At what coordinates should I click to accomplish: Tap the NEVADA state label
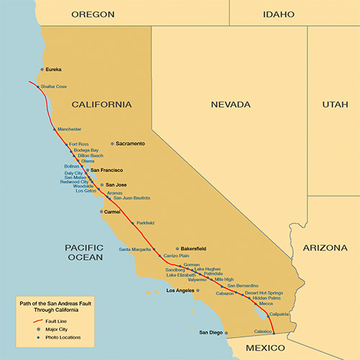pyautogui.click(x=230, y=104)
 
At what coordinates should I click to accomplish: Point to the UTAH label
pyautogui.click(x=334, y=104)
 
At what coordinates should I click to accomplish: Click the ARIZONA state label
pyautogui.click(x=324, y=247)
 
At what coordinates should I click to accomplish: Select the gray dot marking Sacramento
pyautogui.click(x=112, y=143)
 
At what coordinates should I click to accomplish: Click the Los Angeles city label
pyautogui.click(x=180, y=291)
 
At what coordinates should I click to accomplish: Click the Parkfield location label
pyautogui.click(x=145, y=223)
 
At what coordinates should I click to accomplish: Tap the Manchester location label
pyautogui.click(x=69, y=129)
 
